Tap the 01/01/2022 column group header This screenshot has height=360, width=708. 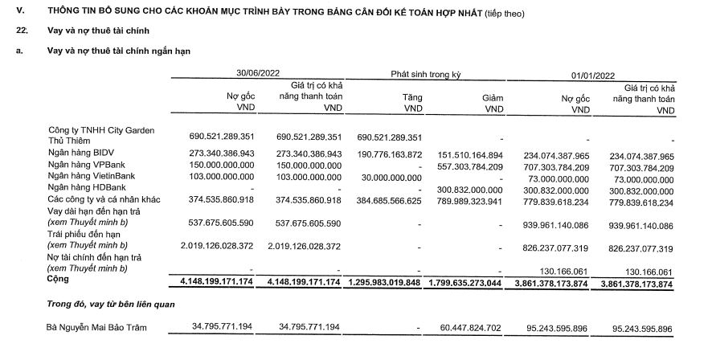593,74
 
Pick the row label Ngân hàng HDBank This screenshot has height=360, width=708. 88,187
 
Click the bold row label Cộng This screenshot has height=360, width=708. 60,281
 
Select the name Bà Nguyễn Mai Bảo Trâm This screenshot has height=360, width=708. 100,328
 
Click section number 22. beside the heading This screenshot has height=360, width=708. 23,30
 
